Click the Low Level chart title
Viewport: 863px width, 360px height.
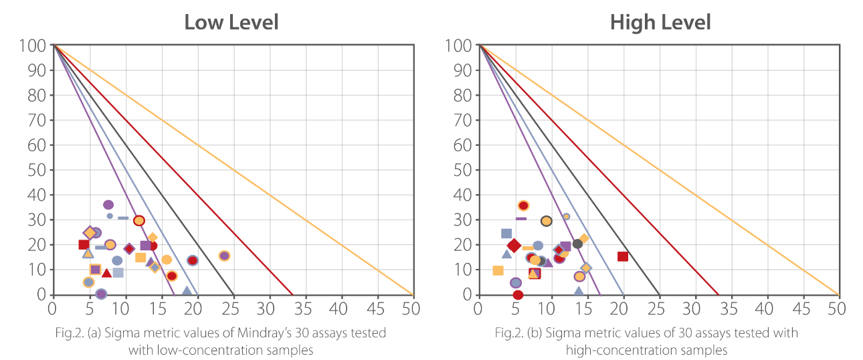(231, 22)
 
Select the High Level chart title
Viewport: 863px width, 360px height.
(660, 22)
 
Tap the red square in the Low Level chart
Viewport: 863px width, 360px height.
(84, 245)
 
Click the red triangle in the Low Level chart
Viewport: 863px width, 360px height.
(106, 273)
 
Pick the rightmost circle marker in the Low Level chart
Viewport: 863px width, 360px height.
(224, 256)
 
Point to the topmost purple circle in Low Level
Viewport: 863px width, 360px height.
(108, 205)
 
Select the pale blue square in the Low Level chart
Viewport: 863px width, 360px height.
(118, 272)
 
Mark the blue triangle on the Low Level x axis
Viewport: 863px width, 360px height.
(187, 291)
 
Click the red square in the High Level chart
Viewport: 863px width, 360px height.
(623, 256)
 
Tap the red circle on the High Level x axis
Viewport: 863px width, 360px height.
(518, 294)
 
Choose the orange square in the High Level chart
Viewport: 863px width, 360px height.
(498, 270)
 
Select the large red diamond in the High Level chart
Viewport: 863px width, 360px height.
(514, 246)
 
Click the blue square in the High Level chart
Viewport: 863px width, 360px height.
(506, 234)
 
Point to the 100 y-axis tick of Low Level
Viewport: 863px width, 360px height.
(37, 46)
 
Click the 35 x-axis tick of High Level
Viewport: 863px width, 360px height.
(730, 308)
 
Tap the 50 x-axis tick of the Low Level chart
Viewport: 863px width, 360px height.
(411, 308)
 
